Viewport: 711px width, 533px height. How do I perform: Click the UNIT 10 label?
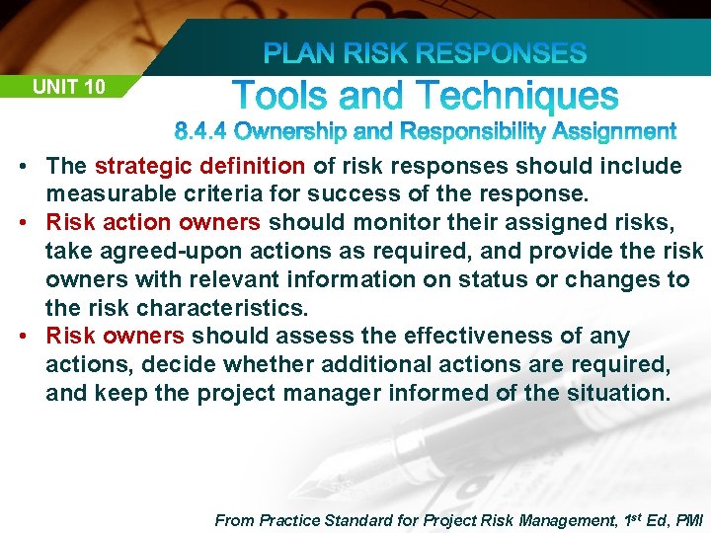pos(68,87)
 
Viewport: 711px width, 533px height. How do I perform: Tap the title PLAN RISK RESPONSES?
pos(425,53)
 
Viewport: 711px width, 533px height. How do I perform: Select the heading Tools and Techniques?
pos(426,97)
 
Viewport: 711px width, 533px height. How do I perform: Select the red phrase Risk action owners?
pos(153,222)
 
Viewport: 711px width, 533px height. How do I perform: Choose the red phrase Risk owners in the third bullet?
pos(116,337)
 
